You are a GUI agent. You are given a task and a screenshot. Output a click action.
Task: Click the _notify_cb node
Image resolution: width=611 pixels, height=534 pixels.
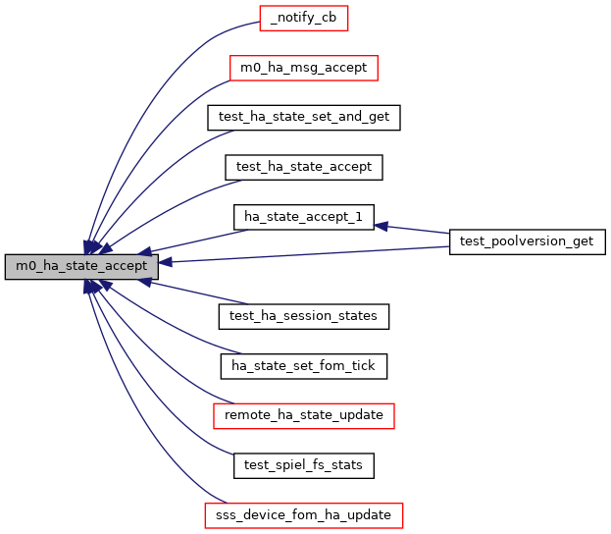pos(304,18)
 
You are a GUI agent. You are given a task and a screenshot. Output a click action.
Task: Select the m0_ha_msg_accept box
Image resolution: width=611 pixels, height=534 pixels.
pos(304,68)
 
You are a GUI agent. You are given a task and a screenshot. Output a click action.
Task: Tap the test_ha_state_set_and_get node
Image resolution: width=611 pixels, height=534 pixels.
pos(304,117)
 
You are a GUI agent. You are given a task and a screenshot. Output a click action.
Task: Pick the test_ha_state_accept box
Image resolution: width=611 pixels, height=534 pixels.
pos(304,167)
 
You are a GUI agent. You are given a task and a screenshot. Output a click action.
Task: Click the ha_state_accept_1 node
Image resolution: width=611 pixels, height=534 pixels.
pos(304,216)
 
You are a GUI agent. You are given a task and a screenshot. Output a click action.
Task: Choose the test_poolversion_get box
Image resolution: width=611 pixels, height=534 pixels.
pos(528,241)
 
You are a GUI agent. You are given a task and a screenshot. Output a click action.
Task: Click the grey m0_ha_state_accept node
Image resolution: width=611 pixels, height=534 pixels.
pos(81,266)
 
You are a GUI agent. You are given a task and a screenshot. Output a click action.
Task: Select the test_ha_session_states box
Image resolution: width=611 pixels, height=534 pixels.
pos(304,316)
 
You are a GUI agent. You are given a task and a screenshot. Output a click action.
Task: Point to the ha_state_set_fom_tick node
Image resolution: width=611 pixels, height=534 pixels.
pos(304,366)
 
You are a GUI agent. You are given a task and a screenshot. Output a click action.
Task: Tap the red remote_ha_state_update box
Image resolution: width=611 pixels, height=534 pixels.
pos(304,415)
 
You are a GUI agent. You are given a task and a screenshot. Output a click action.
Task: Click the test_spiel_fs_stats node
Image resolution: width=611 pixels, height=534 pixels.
pos(304,465)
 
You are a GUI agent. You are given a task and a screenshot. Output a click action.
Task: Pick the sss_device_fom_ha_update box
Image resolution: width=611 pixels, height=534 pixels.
pos(304,514)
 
